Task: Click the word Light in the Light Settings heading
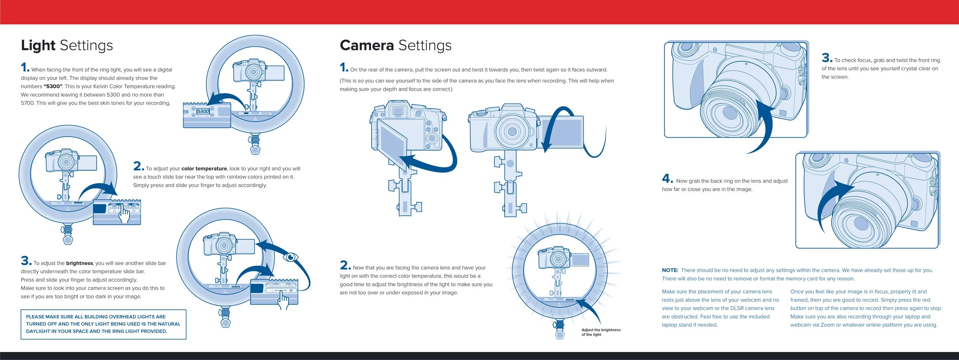point(38,45)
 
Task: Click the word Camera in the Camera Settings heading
point(367,45)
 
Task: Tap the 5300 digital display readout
point(203,111)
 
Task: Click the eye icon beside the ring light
point(291,257)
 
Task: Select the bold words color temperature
point(204,168)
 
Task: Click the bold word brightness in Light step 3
point(79,263)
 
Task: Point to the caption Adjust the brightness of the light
point(600,332)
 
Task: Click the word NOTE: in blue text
point(670,270)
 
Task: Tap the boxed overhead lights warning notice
point(103,324)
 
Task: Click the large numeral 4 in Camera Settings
point(667,178)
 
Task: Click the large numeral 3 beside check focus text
point(826,58)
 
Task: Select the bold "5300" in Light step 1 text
point(53,86)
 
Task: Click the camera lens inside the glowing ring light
point(558,259)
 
